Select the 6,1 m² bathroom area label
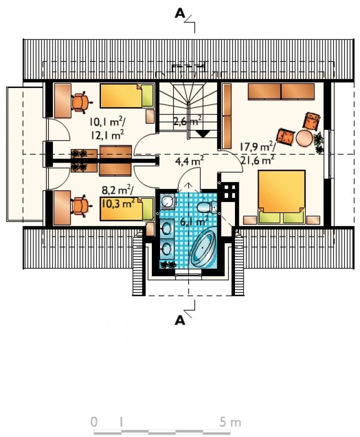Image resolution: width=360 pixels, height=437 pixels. tap(194, 221)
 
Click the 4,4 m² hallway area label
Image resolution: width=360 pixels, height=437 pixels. tap(189, 161)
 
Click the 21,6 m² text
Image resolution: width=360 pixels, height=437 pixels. tap(257, 160)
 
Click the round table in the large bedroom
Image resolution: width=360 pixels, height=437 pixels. tap(304, 139)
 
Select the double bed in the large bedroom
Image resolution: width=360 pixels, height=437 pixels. tap(282, 197)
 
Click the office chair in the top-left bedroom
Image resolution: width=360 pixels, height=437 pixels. tap(81, 102)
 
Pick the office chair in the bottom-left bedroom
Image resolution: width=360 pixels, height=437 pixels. tap(81, 206)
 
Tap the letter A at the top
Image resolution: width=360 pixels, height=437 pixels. tap(180, 14)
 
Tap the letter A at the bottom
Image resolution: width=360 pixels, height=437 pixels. tap(180, 321)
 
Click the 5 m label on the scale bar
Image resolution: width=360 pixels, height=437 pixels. tap(230, 422)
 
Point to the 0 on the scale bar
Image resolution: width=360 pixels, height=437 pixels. tap(94, 422)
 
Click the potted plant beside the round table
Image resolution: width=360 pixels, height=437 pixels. tap(319, 142)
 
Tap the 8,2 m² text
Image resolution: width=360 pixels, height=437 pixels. tap(118, 190)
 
